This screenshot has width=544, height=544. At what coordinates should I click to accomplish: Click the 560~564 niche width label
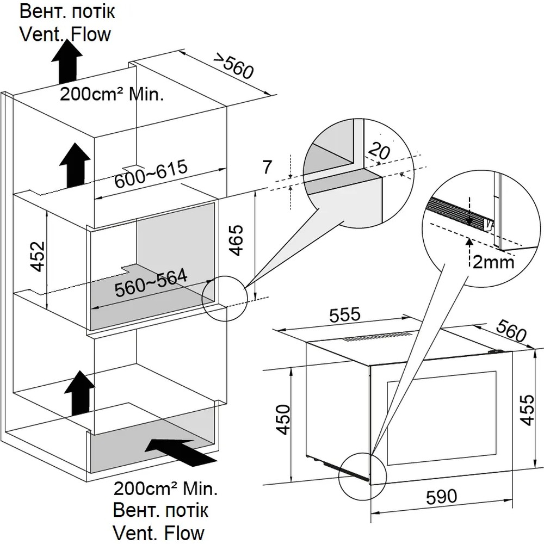[151, 283]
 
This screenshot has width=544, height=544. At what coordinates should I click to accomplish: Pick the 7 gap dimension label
[267, 167]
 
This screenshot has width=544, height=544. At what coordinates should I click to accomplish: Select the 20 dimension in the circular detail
[379, 151]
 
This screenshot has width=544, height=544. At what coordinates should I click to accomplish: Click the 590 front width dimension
[440, 496]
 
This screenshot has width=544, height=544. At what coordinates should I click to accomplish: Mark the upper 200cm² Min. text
[112, 95]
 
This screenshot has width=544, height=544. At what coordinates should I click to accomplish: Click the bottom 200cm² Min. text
[165, 488]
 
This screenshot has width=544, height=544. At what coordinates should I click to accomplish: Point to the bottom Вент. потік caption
[160, 510]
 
